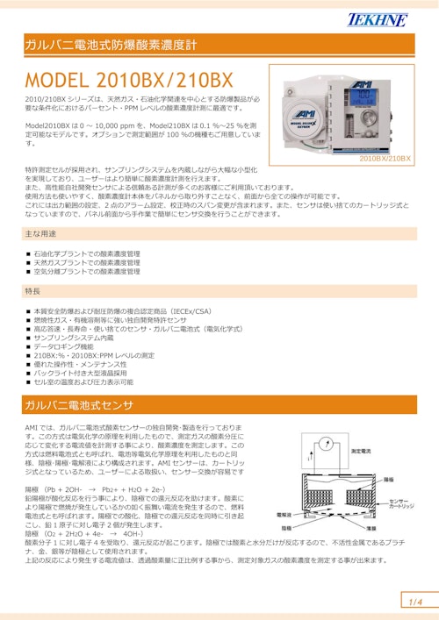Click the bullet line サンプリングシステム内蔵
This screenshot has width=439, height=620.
74,338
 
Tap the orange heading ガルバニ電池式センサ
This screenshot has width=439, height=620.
79,405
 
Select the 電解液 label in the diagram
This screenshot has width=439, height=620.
284,515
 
